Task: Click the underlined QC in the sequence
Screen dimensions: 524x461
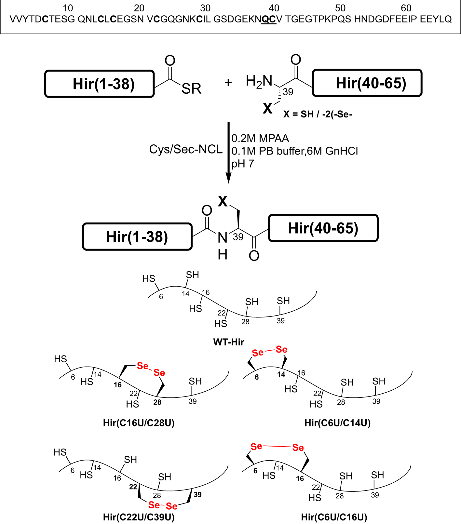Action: click(x=269, y=19)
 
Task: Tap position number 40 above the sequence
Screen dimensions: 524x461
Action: click(x=274, y=8)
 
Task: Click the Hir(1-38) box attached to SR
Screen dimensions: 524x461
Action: click(x=99, y=84)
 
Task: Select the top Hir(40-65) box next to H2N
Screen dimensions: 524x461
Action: click(x=367, y=83)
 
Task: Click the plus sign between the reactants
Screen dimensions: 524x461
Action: click(x=228, y=83)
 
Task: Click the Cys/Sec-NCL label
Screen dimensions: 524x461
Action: click(x=185, y=149)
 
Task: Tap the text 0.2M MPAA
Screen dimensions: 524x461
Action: click(x=260, y=139)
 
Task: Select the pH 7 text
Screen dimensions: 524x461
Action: click(x=242, y=164)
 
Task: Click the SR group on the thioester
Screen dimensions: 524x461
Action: click(x=191, y=89)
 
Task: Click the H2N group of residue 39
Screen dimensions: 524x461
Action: click(x=259, y=81)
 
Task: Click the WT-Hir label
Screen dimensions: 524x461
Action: click(x=228, y=342)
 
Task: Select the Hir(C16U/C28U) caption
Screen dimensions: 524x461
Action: click(x=139, y=423)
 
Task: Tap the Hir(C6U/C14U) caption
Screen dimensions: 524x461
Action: click(x=337, y=423)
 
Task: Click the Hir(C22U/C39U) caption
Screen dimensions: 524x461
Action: click(x=139, y=517)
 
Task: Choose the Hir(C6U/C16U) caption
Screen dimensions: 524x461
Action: click(x=334, y=517)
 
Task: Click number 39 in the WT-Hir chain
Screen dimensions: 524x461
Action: click(x=280, y=321)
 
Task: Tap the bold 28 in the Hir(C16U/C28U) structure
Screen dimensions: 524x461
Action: click(x=157, y=402)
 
